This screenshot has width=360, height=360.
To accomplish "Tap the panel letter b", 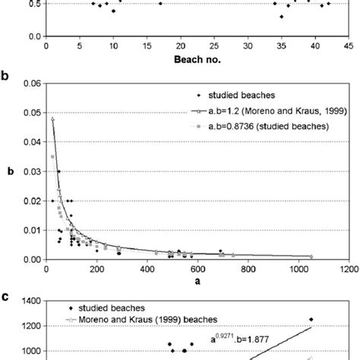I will (x=6, y=77).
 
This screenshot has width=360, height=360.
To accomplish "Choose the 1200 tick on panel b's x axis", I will (x=349, y=269).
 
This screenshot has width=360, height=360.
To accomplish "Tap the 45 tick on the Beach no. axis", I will (x=349, y=46).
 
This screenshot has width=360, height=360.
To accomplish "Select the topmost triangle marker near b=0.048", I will (x=52, y=118).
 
